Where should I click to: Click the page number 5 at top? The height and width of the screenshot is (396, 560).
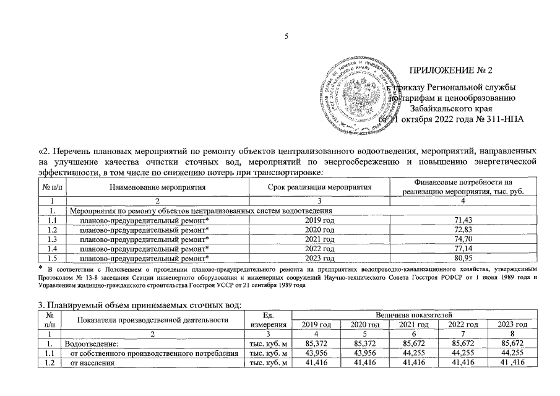coord(286,37)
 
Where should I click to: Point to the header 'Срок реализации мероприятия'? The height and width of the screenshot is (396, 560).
coord(320,186)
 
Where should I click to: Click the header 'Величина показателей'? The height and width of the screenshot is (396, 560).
coord(413,315)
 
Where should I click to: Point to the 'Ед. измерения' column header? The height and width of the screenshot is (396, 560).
coord(269,319)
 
